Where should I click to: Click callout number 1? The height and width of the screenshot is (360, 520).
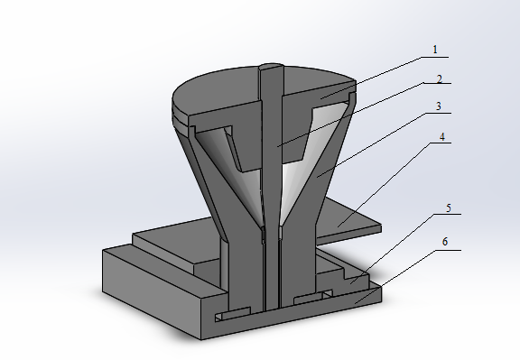point(435,50)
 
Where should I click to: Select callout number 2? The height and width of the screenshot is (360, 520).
point(440,79)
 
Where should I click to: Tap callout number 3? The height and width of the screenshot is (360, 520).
point(439,106)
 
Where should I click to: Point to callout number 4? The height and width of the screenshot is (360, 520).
point(441,137)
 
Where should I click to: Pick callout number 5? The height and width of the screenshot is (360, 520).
point(449,208)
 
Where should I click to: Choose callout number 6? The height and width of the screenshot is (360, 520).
point(445,242)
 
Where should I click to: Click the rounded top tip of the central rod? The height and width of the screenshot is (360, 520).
point(271,66)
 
